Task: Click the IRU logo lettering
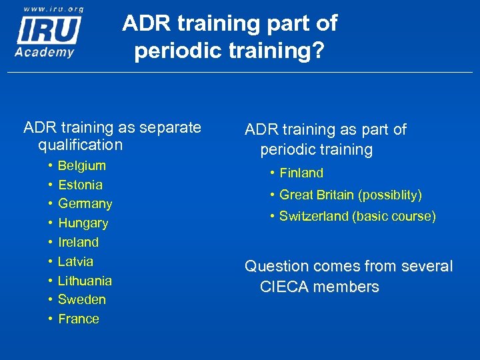click(x=49, y=30)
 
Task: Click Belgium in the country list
click(x=82, y=165)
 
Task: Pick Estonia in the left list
click(x=80, y=185)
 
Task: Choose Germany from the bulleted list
click(x=85, y=203)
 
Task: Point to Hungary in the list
click(x=83, y=223)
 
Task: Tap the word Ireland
click(x=78, y=242)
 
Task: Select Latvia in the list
click(x=75, y=261)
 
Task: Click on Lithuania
click(x=85, y=281)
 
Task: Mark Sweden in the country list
click(x=82, y=299)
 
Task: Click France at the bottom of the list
click(x=79, y=319)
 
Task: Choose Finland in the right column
click(x=301, y=173)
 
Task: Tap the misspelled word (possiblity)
click(x=390, y=195)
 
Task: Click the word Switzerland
click(x=315, y=216)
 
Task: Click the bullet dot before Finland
click(x=273, y=173)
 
